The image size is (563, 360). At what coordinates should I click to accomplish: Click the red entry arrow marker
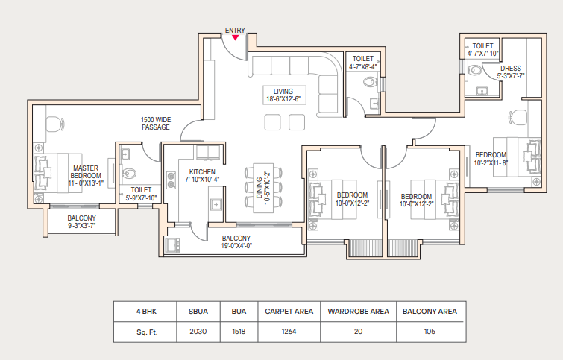tap(235, 38)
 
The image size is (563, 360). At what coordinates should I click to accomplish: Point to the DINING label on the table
tap(260, 188)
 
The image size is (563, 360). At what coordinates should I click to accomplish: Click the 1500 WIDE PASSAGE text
tap(156, 124)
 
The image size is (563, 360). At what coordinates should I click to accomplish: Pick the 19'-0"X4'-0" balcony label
tap(236, 246)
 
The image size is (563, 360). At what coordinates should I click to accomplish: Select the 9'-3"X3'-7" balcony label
tap(82, 226)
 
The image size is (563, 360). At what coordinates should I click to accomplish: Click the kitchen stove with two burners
tap(172, 180)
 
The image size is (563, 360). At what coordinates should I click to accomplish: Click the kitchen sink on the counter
tap(216, 204)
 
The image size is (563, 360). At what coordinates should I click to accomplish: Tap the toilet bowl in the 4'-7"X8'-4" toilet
tap(370, 83)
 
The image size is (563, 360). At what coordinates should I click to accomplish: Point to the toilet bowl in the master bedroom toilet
tap(130, 174)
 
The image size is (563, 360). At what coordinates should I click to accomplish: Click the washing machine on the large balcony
tap(173, 244)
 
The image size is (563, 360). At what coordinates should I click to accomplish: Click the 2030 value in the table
tap(198, 331)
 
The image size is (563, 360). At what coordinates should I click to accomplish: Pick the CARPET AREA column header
tap(289, 312)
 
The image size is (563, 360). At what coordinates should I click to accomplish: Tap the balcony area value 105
tap(430, 331)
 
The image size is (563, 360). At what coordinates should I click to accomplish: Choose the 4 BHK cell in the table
tap(146, 312)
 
